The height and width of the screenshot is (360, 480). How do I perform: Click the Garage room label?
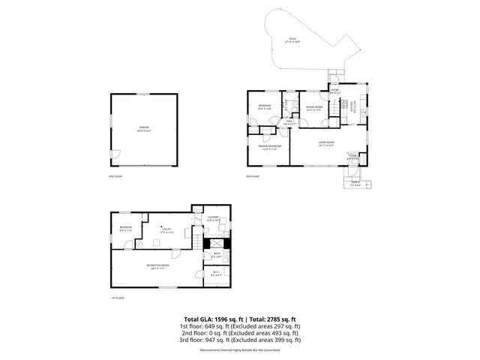pyautogui.click(x=143, y=129)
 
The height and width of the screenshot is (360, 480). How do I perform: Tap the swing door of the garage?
pyautogui.click(x=114, y=155)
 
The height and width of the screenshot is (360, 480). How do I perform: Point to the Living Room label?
pyautogui.click(x=326, y=143)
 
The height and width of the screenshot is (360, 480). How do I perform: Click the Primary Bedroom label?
pyautogui.click(x=270, y=147)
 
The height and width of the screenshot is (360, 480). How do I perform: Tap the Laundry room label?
pyautogui.click(x=212, y=218)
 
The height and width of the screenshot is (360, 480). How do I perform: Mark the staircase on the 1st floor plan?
pyautogui.click(x=196, y=241)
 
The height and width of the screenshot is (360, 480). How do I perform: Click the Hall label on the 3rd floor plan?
pyautogui.click(x=289, y=122)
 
